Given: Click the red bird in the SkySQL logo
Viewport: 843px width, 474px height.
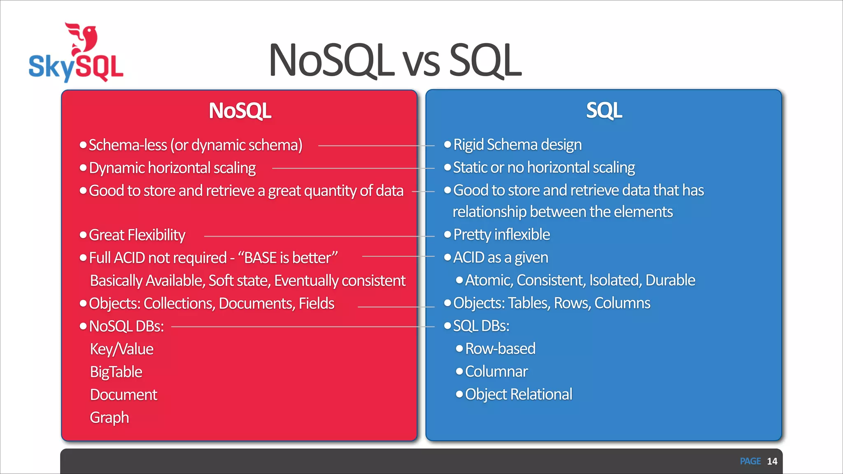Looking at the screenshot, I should [84, 39].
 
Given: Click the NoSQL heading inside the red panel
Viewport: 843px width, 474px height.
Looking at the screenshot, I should [240, 111].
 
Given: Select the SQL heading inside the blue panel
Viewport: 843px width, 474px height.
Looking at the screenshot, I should [604, 110].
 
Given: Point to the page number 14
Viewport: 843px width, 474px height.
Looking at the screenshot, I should [772, 461].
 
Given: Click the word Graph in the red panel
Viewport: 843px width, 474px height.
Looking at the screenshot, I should [109, 418].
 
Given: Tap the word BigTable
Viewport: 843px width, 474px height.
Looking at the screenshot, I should [116, 372].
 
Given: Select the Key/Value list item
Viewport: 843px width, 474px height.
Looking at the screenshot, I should [122, 349].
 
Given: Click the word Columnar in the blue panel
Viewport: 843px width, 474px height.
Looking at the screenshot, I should [496, 372].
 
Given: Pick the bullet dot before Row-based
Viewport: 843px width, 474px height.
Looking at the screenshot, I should [459, 349].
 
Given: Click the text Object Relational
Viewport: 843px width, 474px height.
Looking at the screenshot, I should [519, 394].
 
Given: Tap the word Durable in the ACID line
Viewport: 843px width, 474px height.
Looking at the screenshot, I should [670, 280].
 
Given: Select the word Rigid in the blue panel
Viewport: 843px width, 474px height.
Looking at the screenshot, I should [468, 145].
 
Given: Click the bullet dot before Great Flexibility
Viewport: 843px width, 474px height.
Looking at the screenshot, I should [83, 235].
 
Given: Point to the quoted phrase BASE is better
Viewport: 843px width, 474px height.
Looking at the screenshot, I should [288, 258].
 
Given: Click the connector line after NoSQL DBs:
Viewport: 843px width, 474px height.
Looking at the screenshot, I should [303, 327].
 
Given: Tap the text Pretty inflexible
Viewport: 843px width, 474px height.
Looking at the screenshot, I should [501, 235].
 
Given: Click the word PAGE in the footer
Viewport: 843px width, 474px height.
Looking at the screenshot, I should [750, 461].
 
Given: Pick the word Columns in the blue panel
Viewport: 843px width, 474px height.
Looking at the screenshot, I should [622, 303].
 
